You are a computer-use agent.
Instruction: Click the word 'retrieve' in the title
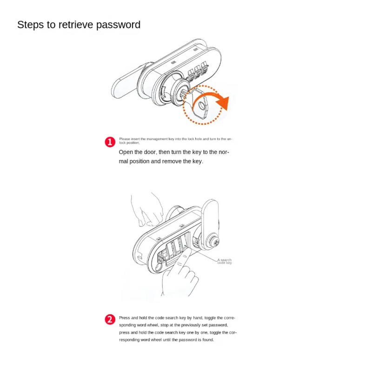coord(75,25)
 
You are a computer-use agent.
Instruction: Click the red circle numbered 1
coord(110,142)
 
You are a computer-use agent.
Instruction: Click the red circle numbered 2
coord(110,319)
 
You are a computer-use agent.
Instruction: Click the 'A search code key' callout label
coord(225,261)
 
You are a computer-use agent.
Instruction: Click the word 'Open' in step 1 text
coord(127,152)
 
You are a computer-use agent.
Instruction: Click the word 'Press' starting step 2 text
coord(124,317)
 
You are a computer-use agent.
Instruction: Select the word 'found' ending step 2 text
coord(207,340)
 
